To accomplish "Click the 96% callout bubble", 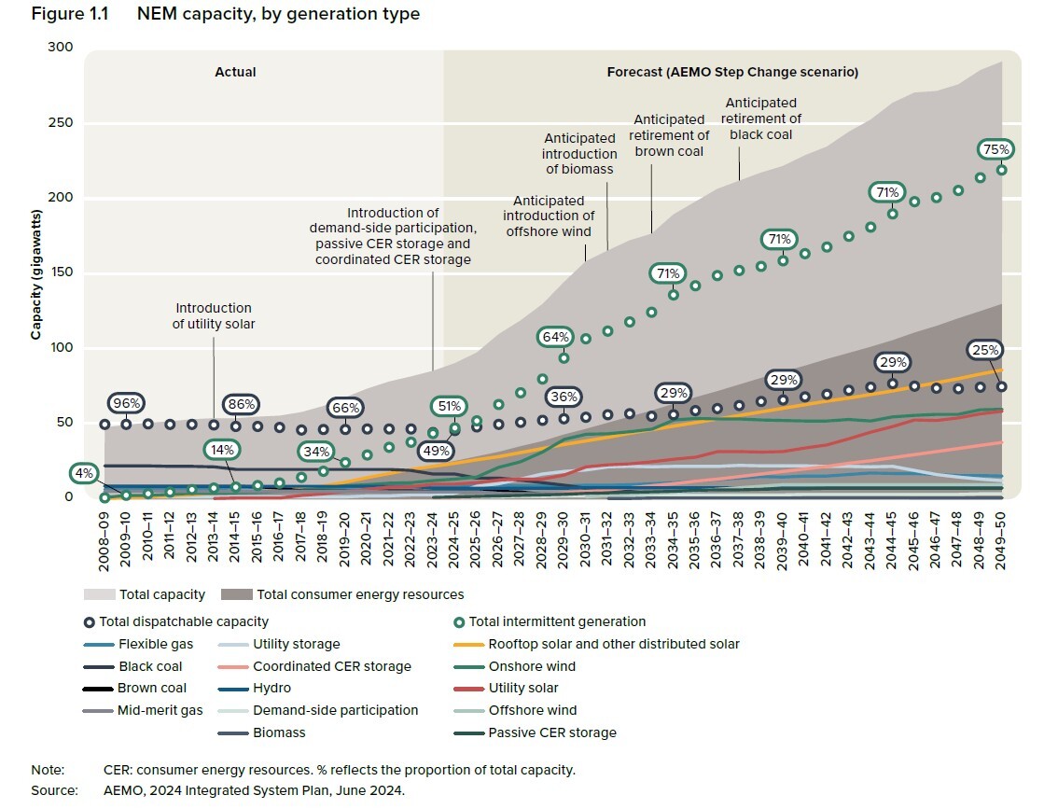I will pyautogui.click(x=127, y=404).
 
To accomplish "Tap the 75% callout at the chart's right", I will pyautogui.click(x=993, y=149).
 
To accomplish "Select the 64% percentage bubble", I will pyautogui.click(x=557, y=336).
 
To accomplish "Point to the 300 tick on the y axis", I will pyautogui.click(x=60, y=48).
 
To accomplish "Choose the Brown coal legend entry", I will pyautogui.click(x=152, y=689).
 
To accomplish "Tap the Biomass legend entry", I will pyautogui.click(x=278, y=732).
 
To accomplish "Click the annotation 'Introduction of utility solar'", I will pyautogui.click(x=213, y=315).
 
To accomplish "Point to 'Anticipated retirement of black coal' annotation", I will pyautogui.click(x=761, y=119).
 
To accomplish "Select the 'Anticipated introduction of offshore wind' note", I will pyautogui.click(x=549, y=216).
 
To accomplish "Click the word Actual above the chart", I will pyautogui.click(x=235, y=72).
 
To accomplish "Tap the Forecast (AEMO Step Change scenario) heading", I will pyautogui.click(x=732, y=72).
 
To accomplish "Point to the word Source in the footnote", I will pyautogui.click(x=53, y=789).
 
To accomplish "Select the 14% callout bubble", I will pyautogui.click(x=222, y=450).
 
